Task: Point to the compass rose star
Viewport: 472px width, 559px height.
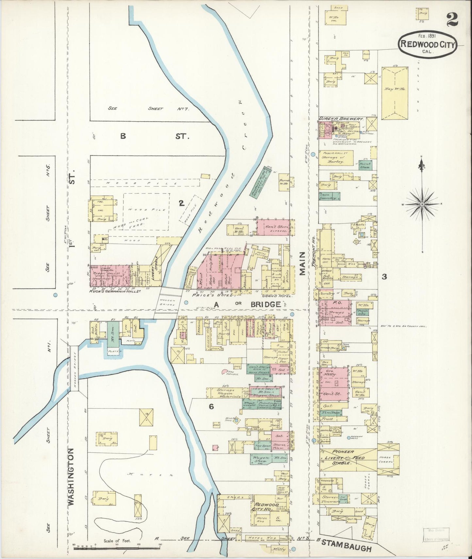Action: [422, 204]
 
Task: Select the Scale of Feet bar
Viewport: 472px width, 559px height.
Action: [117, 548]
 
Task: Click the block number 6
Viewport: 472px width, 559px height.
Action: [211, 406]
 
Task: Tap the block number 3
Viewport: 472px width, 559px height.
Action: [384, 277]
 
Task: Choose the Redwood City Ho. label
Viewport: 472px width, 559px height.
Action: [266, 507]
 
